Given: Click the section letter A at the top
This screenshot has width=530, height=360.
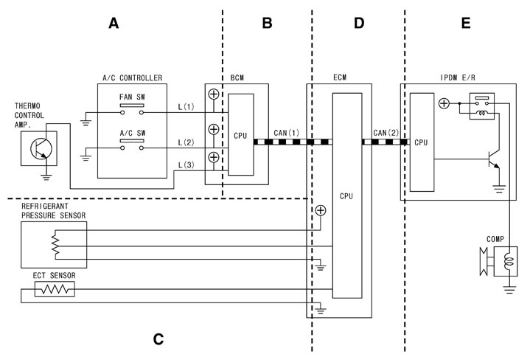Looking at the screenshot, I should pos(114,24).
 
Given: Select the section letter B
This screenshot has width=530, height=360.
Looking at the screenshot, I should pos(267,24).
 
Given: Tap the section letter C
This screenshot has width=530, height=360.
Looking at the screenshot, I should pos(158,339).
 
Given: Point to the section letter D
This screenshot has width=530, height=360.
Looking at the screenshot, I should pos(359,24).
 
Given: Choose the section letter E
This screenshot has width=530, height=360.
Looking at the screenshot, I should pos(465,24).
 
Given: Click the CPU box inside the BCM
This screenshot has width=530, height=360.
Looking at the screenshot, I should pos(240,134).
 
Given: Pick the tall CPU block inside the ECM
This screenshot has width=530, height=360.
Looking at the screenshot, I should pos(347,196).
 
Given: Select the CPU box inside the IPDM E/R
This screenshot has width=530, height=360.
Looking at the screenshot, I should pos(422,142).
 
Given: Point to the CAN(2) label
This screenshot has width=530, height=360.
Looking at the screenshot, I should pos(386,132).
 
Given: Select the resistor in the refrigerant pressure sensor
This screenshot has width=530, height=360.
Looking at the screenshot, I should pos(53,240).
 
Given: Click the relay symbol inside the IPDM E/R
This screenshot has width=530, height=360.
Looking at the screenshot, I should pos(482,104).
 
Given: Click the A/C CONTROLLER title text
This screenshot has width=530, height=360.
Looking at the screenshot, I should pos(132,78).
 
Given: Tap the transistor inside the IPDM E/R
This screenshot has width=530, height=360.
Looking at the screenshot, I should pos(492,158).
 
